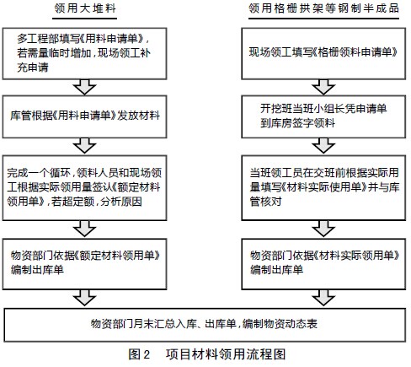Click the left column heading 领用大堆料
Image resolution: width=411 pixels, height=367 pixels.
(85, 8)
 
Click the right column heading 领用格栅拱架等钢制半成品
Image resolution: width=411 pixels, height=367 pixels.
(323, 8)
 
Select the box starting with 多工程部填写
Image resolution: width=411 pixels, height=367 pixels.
(84, 53)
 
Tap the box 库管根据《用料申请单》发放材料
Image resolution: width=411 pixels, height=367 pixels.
(84, 116)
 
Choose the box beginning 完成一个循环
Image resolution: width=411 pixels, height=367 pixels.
(84, 187)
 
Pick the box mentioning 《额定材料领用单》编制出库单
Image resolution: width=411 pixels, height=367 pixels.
(84, 264)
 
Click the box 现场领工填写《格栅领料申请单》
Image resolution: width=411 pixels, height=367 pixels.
(323, 53)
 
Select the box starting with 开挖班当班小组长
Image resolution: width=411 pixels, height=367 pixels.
(323, 116)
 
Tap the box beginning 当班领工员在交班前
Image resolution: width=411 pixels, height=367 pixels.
(323, 187)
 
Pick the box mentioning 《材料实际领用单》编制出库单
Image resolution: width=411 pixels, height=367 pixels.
(323, 264)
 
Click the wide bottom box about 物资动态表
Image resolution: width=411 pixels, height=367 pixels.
(205, 325)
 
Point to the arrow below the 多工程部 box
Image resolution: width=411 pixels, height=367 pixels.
(85, 87)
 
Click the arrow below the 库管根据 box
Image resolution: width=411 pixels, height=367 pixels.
(85, 146)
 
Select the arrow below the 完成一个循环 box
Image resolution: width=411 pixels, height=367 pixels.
(85, 229)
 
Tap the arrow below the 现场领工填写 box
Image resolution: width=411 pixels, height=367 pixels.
(323, 87)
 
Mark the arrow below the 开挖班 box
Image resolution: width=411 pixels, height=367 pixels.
(323, 146)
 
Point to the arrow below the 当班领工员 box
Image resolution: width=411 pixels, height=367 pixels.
(323, 229)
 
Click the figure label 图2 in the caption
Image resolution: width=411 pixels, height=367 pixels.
(139, 354)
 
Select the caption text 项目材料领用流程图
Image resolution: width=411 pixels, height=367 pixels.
(226, 354)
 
